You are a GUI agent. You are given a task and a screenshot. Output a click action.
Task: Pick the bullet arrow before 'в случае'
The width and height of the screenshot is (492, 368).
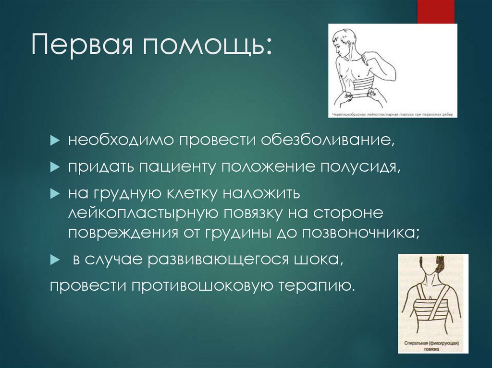point(54,260)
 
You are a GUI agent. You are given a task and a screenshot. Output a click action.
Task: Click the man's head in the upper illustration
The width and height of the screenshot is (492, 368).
point(345,42)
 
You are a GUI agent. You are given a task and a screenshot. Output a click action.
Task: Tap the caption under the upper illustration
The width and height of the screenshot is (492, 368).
point(393,115)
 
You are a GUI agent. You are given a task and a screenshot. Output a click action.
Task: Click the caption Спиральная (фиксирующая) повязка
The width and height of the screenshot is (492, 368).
point(433,346)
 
